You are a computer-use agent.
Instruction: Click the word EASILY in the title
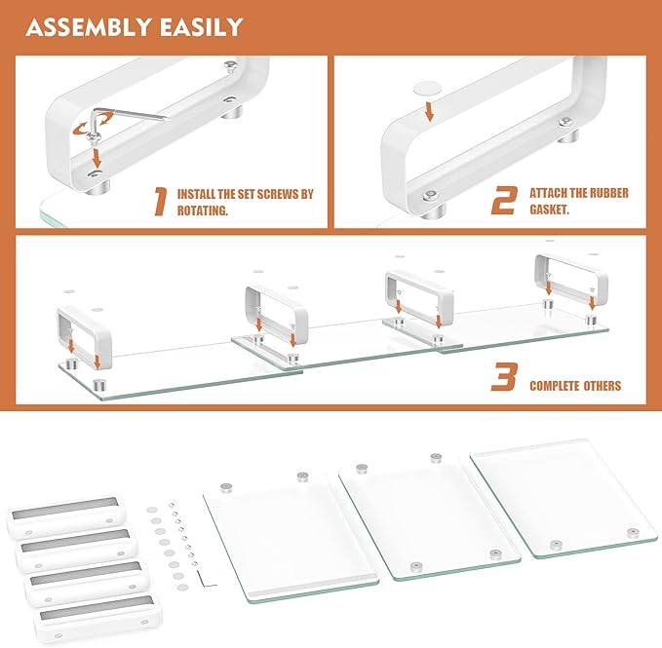tap(199, 26)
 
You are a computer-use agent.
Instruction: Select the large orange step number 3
tap(503, 377)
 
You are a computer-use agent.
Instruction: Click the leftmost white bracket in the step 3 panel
tap(82, 337)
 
